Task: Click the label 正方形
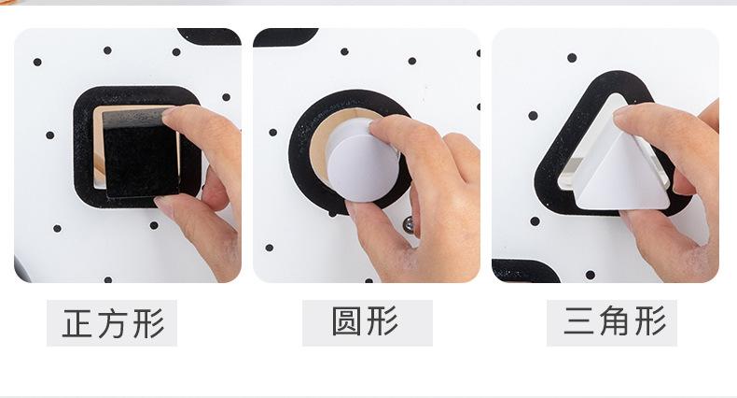(x=112, y=323)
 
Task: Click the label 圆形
(x=367, y=322)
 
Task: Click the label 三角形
(x=612, y=322)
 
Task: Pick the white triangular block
(x=620, y=168)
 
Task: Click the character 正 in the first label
(x=77, y=323)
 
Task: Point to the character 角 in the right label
(x=613, y=322)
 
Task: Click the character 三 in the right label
(x=578, y=322)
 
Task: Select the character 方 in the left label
(x=112, y=323)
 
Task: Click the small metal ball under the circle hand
(x=407, y=223)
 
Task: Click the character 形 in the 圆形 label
(x=383, y=322)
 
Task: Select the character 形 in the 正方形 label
(x=147, y=323)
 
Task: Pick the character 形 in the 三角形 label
(x=647, y=322)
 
